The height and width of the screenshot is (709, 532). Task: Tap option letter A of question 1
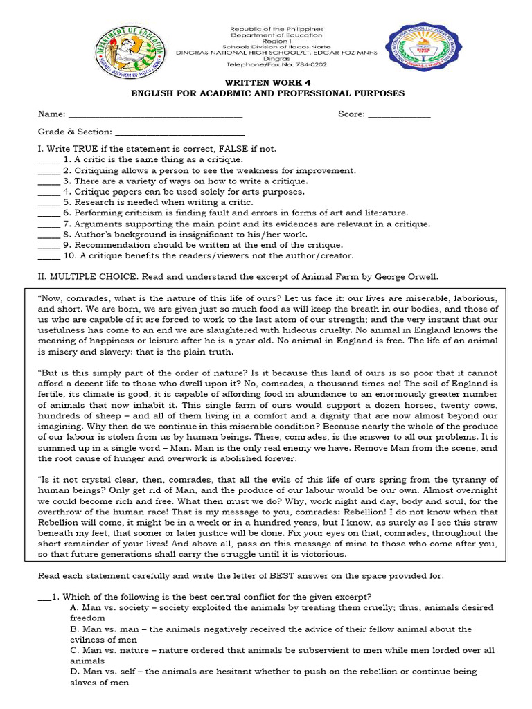point(73,607)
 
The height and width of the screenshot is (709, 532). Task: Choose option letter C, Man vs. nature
point(73,650)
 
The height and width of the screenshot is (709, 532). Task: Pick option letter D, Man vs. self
point(73,672)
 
